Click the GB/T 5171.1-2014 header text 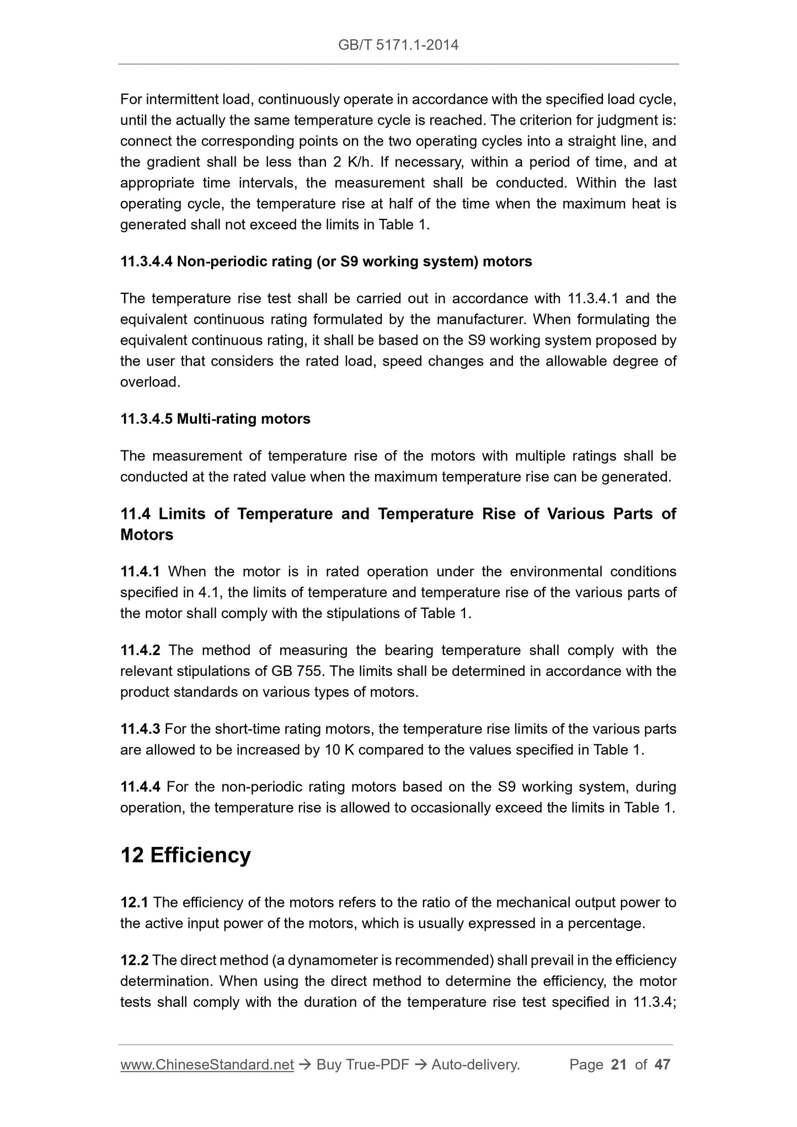click(x=398, y=45)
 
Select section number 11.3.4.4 click(x=147, y=261)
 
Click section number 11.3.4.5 click(x=147, y=419)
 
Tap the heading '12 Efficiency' click(x=185, y=855)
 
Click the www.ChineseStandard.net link click(x=207, y=1065)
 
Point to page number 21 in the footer click(x=619, y=1065)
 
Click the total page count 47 click(x=662, y=1065)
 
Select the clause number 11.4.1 click(x=140, y=572)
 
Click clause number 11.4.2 click(x=140, y=651)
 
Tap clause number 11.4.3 click(x=140, y=729)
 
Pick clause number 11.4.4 click(x=140, y=787)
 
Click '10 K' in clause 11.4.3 click(x=336, y=750)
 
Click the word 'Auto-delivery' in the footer click(x=475, y=1065)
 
